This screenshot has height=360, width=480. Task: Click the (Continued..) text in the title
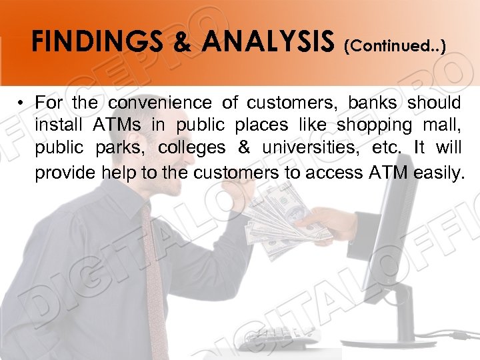(394, 46)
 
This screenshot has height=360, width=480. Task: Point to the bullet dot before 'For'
(22, 103)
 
